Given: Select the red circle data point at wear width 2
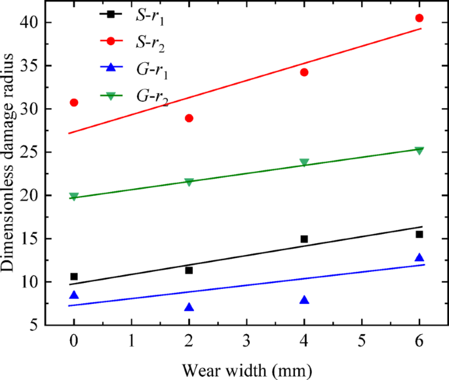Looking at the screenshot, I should coord(189,118).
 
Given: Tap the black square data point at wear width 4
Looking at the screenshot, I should coord(304,239).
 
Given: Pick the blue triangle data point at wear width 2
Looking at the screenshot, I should coord(189,307).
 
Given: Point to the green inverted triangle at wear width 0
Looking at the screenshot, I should coord(74,197).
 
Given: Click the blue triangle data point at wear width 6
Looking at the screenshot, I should coord(420,257).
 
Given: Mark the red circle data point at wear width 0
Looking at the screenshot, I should coord(74,102).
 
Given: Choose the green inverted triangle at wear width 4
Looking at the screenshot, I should coord(304,162).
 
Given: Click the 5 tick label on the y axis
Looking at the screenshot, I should coord(39,325).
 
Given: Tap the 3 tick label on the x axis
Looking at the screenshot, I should coord(246,341).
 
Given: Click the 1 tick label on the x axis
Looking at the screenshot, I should coord(132,341).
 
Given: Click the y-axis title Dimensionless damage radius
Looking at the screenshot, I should coord(10,172).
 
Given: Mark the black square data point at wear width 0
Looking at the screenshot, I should coord(74,276).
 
